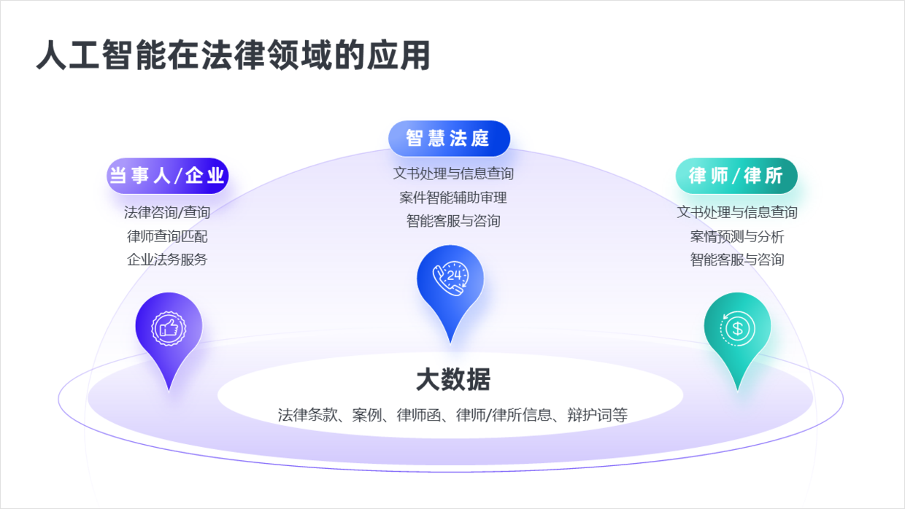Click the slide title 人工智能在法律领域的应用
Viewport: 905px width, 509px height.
pyautogui.click(x=233, y=55)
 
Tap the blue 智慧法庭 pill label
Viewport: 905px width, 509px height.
pyautogui.click(x=448, y=138)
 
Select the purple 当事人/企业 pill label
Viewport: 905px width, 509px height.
pyautogui.click(x=167, y=176)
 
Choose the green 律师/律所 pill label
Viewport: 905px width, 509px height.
pyautogui.click(x=736, y=176)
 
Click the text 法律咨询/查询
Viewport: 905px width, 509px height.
pyautogui.click(x=167, y=212)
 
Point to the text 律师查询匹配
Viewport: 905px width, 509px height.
pyautogui.click(x=167, y=236)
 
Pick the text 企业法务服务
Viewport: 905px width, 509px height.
pyautogui.click(x=167, y=260)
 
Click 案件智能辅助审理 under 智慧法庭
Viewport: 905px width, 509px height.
pyautogui.click(x=452, y=197)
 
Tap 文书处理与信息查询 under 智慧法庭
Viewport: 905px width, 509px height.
pyautogui.click(x=452, y=174)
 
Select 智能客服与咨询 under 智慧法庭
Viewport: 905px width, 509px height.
pyautogui.click(x=452, y=220)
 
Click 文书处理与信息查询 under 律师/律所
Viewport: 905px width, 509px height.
pyautogui.click(x=736, y=212)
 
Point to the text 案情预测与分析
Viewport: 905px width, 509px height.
pyautogui.click(x=736, y=236)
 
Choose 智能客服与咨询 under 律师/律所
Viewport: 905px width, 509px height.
pyautogui.click(x=736, y=260)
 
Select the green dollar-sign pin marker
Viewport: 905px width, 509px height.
pyautogui.click(x=737, y=330)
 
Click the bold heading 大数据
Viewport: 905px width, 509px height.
pyautogui.click(x=452, y=380)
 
